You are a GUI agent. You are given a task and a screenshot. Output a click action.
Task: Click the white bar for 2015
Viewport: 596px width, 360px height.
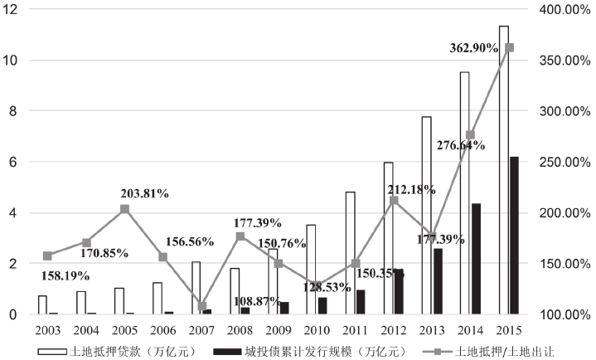(503, 170)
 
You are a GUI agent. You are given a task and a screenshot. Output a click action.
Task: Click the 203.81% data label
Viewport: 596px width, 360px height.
(145, 193)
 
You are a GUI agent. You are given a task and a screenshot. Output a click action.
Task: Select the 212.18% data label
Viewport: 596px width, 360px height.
(412, 189)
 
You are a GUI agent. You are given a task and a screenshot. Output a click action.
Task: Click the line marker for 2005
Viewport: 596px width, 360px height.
(124, 209)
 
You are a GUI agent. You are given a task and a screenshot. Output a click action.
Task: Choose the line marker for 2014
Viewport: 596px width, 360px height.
(470, 135)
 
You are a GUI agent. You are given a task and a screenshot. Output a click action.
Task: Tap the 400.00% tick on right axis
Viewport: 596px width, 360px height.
(565, 9)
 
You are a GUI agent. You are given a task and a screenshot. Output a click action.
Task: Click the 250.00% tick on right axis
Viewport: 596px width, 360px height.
(565, 162)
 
